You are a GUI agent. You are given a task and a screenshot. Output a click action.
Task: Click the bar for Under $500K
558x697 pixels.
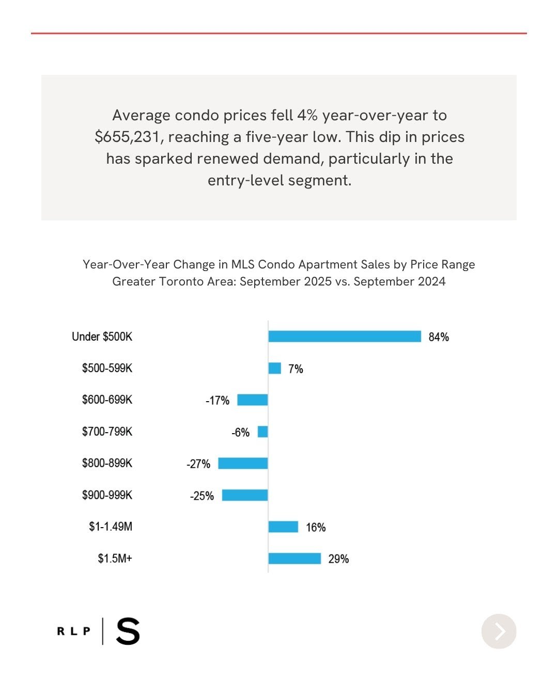[345, 337]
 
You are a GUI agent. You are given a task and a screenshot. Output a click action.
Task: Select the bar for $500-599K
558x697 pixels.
[274, 368]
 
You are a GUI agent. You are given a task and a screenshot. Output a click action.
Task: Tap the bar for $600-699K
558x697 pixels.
[252, 400]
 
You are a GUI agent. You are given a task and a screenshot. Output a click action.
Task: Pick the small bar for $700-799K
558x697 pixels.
[262, 432]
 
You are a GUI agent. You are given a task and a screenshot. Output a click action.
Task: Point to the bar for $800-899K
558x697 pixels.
[243, 463]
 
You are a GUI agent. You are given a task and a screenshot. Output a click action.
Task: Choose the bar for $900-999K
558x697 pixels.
[245, 495]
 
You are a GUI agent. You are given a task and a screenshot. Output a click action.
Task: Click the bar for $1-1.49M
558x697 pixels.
[283, 527]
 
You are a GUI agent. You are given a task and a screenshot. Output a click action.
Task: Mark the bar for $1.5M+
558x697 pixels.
[295, 559]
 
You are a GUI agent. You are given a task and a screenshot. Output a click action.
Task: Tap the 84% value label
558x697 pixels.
[439, 337]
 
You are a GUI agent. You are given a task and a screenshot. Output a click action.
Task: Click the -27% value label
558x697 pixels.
[198, 464]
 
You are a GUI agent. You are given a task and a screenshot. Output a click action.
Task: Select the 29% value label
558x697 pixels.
[338, 559]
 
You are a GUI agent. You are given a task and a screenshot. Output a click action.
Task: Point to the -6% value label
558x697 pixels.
[240, 433]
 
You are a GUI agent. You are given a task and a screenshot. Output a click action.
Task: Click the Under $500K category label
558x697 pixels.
[102, 337]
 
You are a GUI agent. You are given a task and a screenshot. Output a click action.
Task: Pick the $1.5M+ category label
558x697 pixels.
[115, 559]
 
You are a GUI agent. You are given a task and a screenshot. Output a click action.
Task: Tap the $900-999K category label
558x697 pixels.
[107, 495]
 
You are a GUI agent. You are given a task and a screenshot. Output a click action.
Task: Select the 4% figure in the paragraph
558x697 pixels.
[307, 115]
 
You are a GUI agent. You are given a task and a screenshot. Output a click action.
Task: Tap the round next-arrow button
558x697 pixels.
[499, 631]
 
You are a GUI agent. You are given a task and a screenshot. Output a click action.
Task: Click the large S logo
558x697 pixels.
[128, 631]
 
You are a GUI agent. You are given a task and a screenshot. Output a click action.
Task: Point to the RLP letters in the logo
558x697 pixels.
[73, 631]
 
